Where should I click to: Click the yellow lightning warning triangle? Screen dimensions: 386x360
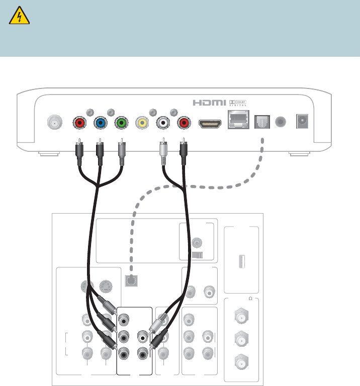[20, 18]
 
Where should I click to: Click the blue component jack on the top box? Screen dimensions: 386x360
[100, 122]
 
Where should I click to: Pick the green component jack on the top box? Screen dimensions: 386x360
[121, 122]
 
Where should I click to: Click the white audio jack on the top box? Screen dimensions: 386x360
[163, 122]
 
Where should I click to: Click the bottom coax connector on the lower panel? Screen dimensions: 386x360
[241, 360]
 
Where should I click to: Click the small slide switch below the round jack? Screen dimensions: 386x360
[197, 255]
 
